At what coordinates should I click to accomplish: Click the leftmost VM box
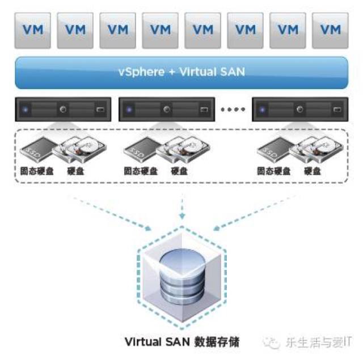point(32,28)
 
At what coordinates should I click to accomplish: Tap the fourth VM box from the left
point(160,28)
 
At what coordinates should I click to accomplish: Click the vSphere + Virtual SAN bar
point(181,72)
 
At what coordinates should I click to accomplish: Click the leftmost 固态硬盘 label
point(36,171)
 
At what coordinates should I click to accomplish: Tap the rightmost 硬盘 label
point(313,171)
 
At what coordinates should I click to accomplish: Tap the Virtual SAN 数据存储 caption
point(181,342)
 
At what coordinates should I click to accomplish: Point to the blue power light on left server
point(26,108)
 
